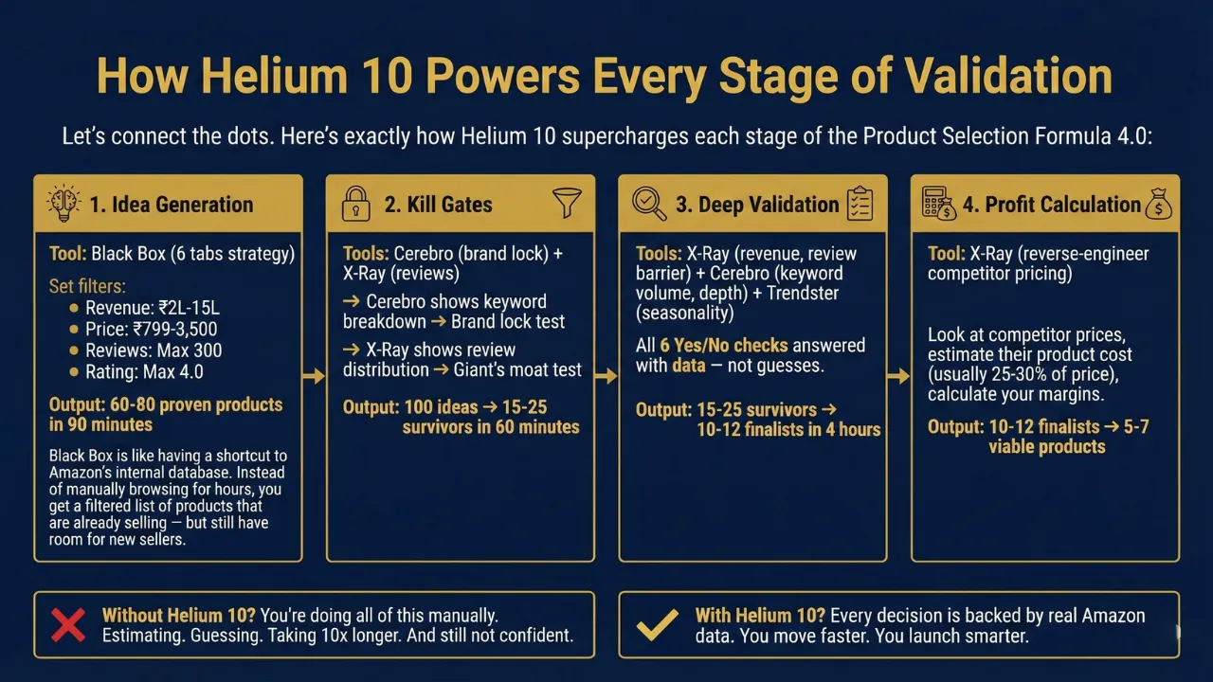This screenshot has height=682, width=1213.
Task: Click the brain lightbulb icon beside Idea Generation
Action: click(63, 204)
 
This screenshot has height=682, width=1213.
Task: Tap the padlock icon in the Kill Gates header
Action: click(355, 204)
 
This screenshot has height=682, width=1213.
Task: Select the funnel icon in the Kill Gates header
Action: click(567, 203)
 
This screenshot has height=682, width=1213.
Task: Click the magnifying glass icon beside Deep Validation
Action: click(649, 204)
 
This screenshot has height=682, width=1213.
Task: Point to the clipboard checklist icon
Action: click(860, 204)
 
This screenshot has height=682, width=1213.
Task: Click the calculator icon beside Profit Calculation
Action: click(939, 203)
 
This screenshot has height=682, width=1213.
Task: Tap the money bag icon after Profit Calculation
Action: click(1158, 204)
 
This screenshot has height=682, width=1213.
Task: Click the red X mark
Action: click(68, 624)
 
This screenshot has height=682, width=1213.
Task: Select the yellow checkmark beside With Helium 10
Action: click(658, 625)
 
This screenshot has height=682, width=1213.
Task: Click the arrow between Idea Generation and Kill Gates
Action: click(314, 376)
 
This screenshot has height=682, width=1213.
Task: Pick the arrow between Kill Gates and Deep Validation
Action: click(606, 376)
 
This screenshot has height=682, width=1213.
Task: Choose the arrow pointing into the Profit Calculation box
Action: click(898, 376)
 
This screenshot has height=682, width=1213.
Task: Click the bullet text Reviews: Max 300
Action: click(154, 350)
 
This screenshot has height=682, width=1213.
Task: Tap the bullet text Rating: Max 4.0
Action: click(145, 372)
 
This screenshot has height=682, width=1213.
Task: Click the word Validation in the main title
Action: click(1008, 76)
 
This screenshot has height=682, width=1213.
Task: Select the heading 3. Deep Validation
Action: click(757, 204)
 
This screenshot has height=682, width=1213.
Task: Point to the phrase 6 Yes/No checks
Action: click(723, 346)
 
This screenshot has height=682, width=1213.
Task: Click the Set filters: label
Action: click(87, 286)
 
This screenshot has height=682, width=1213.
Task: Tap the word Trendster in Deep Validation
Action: click(803, 293)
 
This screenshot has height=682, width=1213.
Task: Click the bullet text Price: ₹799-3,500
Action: click(151, 329)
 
